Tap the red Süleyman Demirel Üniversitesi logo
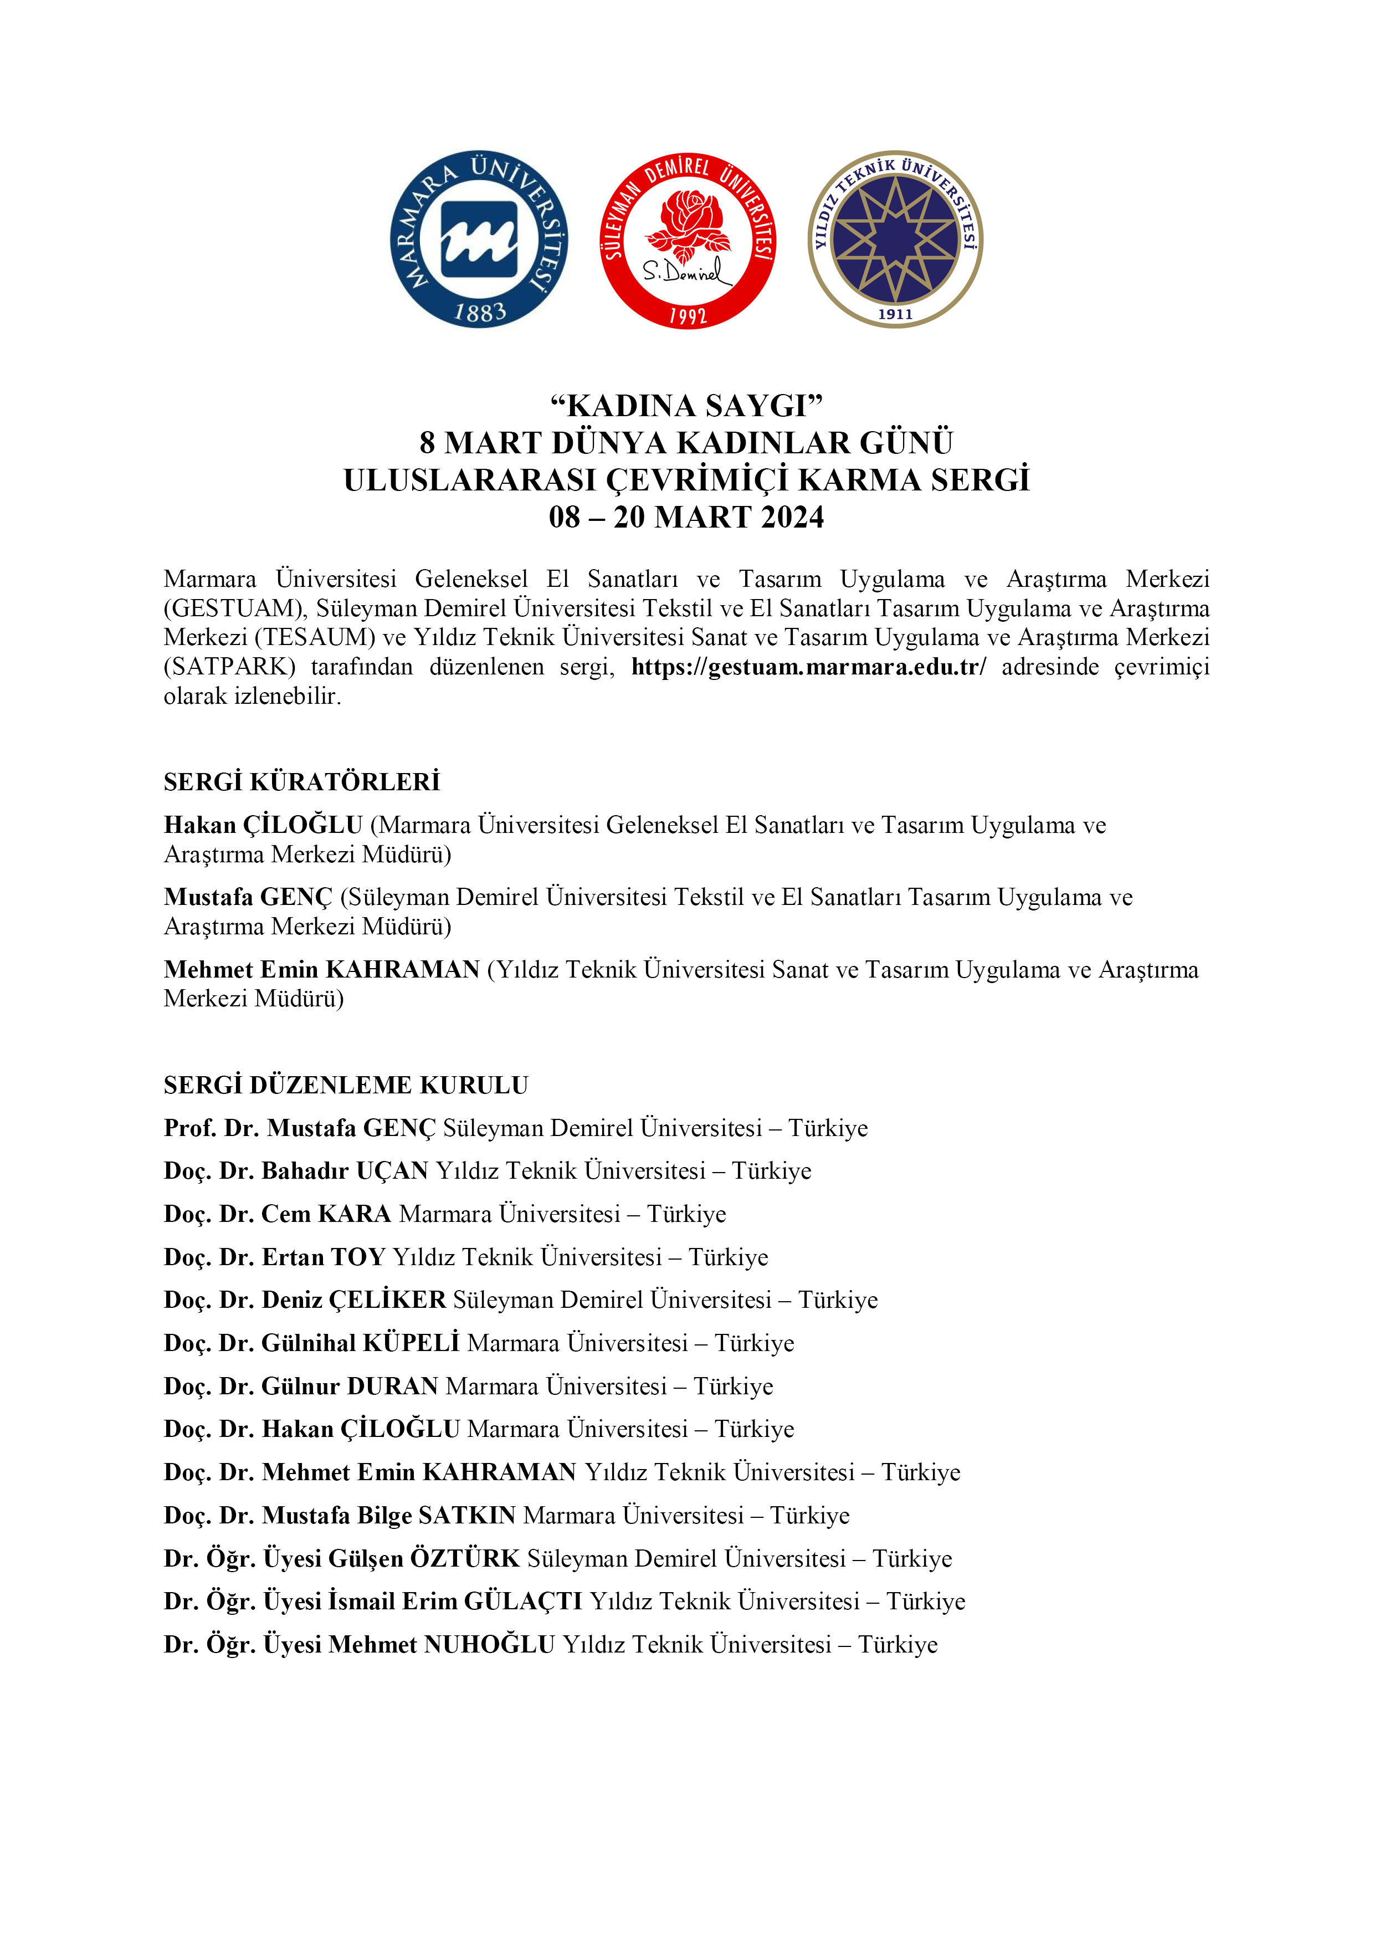tap(688, 241)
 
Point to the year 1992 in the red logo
tap(688, 316)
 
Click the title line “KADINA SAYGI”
tap(686, 406)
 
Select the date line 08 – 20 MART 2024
tap(686, 518)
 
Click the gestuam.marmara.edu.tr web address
tap(808, 667)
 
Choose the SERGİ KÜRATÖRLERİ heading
tap(303, 781)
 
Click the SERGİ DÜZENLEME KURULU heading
tap(345, 1086)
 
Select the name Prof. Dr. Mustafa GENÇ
tap(300, 1129)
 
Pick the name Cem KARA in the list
tap(326, 1214)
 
